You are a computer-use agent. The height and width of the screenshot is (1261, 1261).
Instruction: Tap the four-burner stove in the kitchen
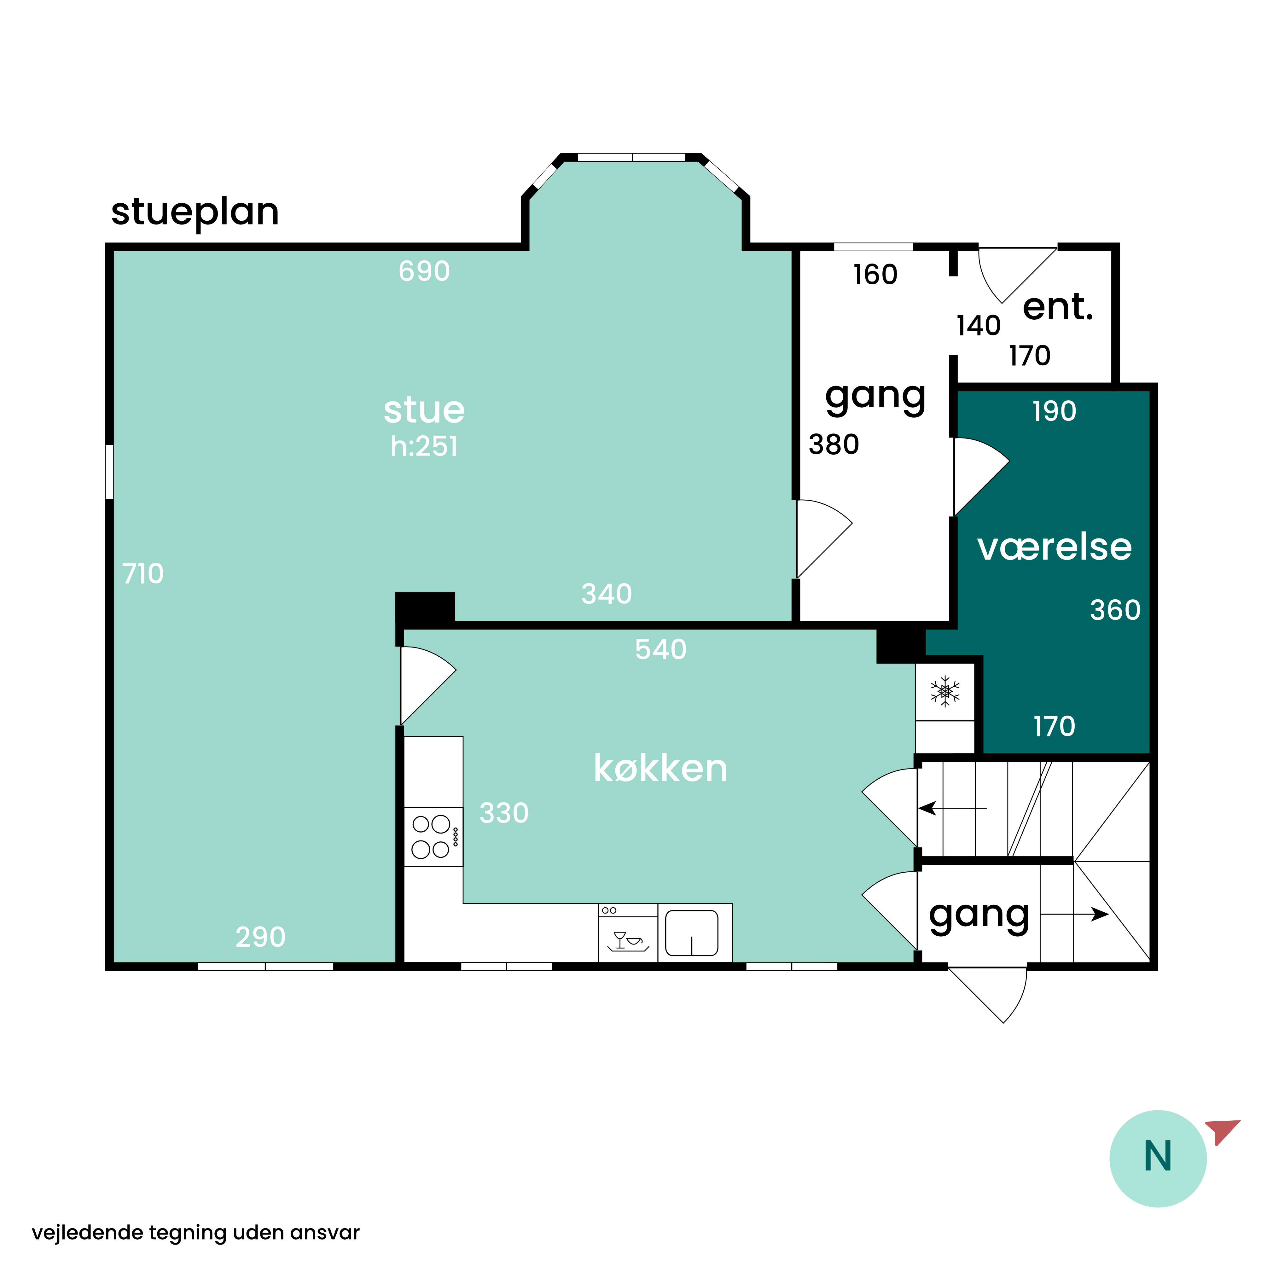coord(433,837)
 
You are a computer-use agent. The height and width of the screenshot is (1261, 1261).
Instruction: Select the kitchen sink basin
coord(692,933)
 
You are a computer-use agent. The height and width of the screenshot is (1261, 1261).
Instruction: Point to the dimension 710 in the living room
coord(143,574)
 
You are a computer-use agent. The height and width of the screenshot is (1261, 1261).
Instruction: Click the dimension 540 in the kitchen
coord(660,649)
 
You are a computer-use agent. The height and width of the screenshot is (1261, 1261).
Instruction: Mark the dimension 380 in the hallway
coord(834,445)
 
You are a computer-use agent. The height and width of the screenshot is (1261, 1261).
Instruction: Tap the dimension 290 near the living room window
coord(260,937)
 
